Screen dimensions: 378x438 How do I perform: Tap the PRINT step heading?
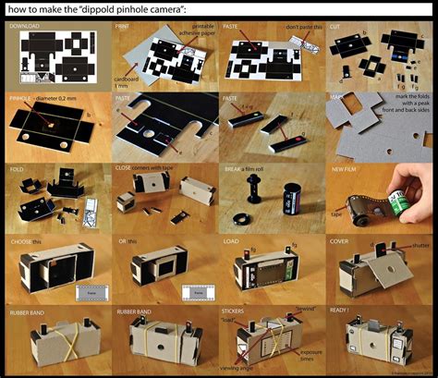tap(122, 28)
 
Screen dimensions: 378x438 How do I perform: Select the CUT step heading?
tap(335, 28)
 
